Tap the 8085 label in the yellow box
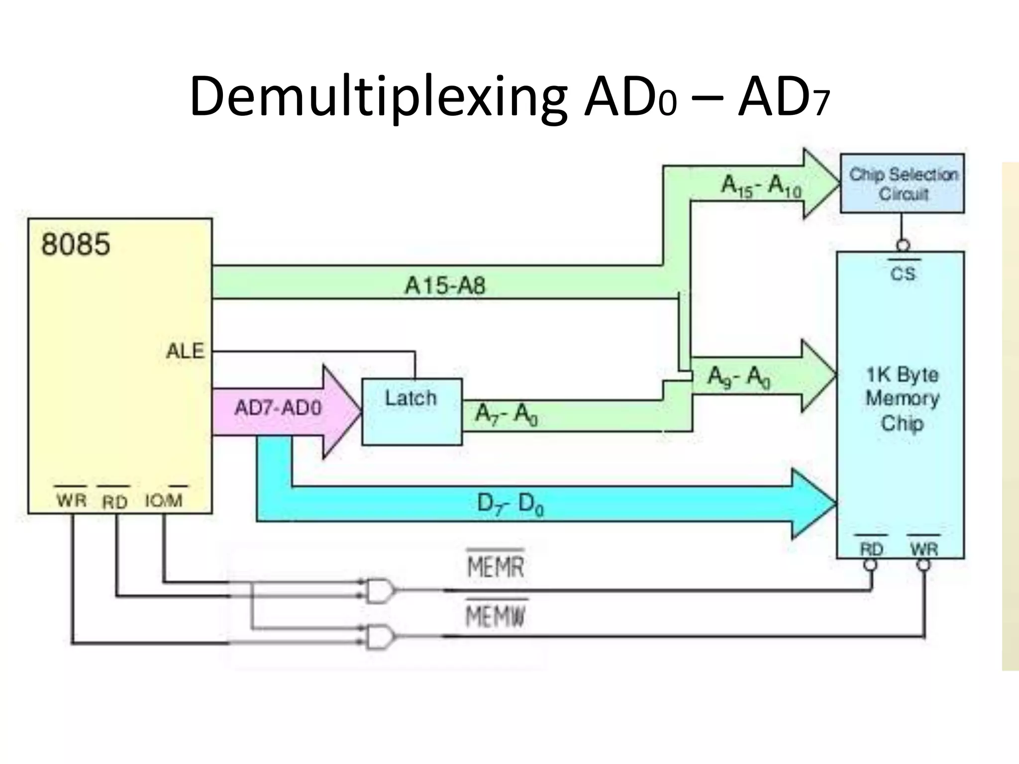click(76, 245)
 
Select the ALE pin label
click(185, 351)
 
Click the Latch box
click(411, 411)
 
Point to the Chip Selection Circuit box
click(903, 184)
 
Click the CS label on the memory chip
click(903, 274)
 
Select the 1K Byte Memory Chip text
click(902, 398)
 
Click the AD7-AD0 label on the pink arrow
click(278, 408)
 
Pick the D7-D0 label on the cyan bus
click(510, 504)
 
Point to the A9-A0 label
click(738, 377)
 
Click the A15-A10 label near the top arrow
click(761, 187)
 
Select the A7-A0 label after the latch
click(506, 414)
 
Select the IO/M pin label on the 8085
click(164, 500)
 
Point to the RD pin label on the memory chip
click(871, 549)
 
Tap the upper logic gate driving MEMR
click(380, 590)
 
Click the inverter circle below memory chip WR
click(923, 566)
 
